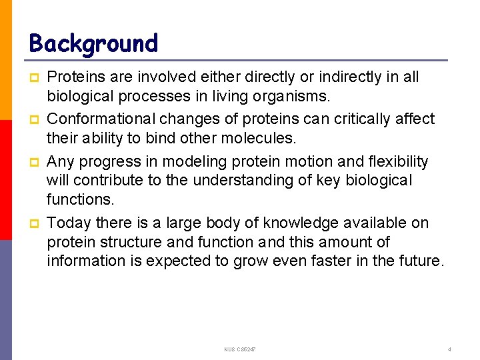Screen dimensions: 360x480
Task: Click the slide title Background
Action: coord(93,43)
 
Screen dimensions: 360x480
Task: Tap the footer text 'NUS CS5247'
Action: coord(240,349)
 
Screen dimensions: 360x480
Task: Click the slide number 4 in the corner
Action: coord(450,349)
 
